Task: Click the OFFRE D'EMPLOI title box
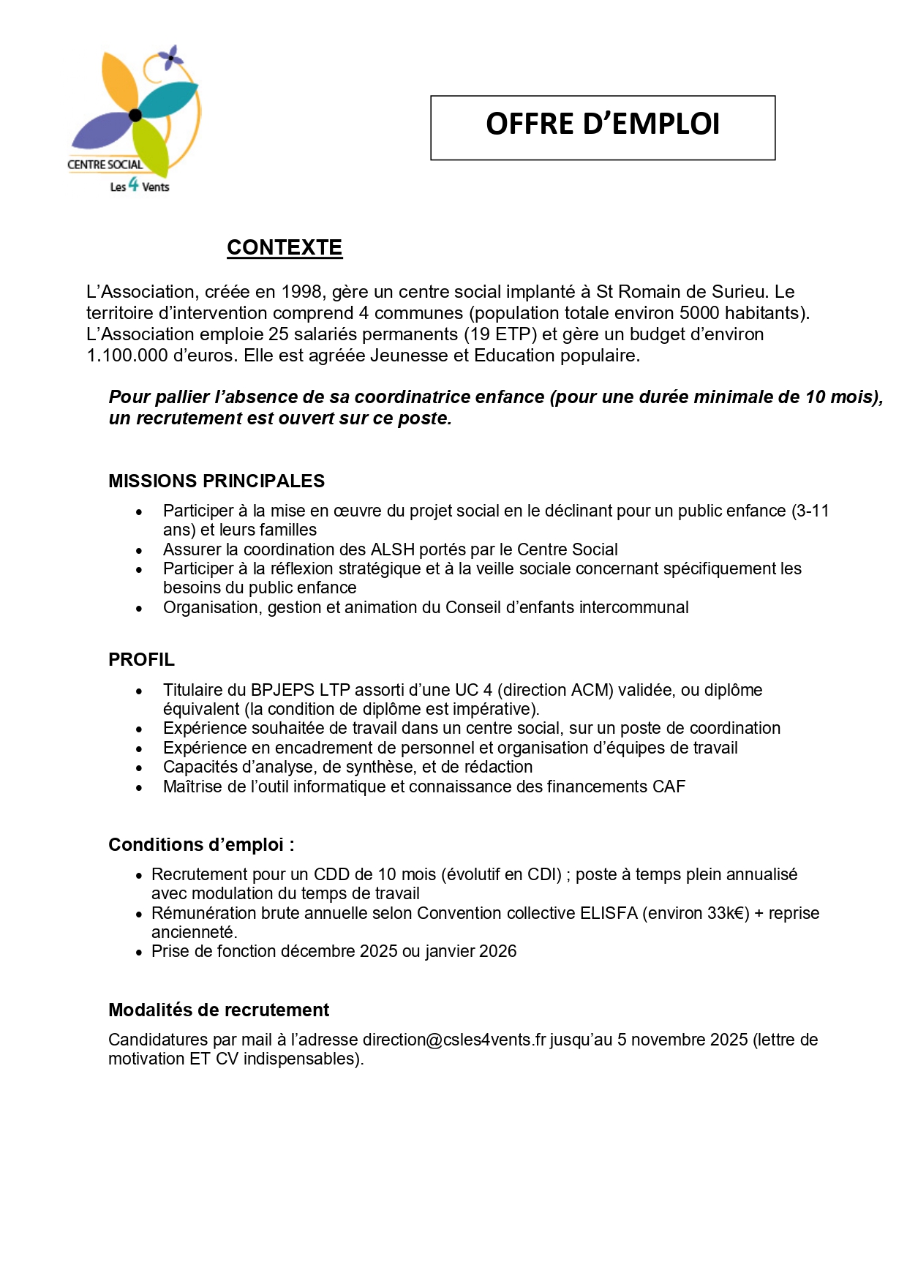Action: pyautogui.click(x=603, y=127)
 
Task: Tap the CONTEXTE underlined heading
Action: pyautogui.click(x=285, y=247)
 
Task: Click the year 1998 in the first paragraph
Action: pyautogui.click(x=302, y=292)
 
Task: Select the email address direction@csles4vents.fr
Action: pyautogui.click(x=454, y=1040)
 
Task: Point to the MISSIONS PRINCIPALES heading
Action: pyautogui.click(x=217, y=481)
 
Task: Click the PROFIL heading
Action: pyautogui.click(x=141, y=659)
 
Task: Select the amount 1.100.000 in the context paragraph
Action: pyautogui.click(x=127, y=356)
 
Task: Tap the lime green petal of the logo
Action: pyautogui.click(x=151, y=145)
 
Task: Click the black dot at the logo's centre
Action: pyautogui.click(x=135, y=115)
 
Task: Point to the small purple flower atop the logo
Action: pyautogui.click(x=171, y=56)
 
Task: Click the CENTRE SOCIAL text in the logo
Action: pyautogui.click(x=105, y=165)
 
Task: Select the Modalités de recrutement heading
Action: pyautogui.click(x=219, y=1010)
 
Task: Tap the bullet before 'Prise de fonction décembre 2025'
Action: pyautogui.click(x=139, y=953)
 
